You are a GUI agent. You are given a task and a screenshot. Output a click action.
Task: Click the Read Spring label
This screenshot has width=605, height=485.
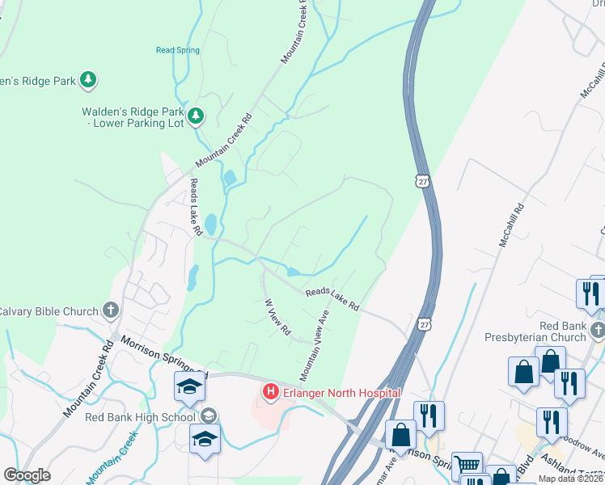coord(177,50)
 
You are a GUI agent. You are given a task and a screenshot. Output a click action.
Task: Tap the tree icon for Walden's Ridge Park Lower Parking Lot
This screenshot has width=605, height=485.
coord(195,117)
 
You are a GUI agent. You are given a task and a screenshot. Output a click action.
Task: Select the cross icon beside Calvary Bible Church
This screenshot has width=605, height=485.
coord(111,310)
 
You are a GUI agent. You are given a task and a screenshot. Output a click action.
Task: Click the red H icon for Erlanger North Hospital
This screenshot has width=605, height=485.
coord(270,393)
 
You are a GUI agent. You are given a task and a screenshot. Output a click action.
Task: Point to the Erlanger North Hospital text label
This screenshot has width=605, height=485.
coord(341,393)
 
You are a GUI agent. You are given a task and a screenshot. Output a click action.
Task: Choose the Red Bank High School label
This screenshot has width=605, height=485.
coord(140,417)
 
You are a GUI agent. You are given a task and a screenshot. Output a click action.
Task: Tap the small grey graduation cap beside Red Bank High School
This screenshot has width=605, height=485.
coord(209,416)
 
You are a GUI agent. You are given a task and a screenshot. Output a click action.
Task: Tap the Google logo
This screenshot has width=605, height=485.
coord(27,475)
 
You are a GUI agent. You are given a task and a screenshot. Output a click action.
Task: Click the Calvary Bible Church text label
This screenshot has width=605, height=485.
coord(49,310)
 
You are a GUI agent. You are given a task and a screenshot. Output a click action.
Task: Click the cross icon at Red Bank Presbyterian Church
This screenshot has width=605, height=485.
coord(597,329)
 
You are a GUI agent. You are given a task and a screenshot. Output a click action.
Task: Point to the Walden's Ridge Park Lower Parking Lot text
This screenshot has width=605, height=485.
coord(133,117)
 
